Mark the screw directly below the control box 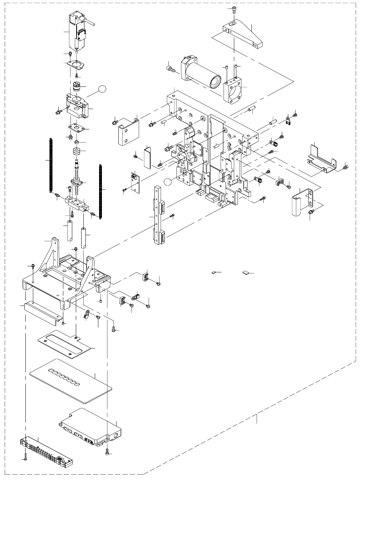click(107, 451)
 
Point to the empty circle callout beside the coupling click(103, 90)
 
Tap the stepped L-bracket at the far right click(322, 159)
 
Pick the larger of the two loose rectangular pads click(245, 273)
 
